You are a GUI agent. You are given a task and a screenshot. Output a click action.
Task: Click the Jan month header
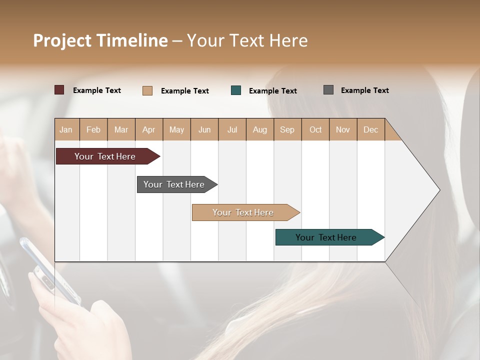pos(66,129)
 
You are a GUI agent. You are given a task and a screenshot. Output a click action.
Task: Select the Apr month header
pos(148,129)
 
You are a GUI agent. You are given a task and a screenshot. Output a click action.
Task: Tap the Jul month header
pos(232,129)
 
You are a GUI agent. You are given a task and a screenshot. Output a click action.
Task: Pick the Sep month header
pos(287,129)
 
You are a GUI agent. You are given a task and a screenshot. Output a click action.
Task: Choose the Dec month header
pos(370,129)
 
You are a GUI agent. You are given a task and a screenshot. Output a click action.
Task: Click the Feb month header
pos(93,129)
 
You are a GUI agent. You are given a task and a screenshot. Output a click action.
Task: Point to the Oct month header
pos(315,129)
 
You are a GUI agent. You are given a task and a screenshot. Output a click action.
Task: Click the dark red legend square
pos(59,90)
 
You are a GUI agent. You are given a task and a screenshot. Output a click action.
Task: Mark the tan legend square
pos(147,90)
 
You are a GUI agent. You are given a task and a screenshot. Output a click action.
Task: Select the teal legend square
pos(236,90)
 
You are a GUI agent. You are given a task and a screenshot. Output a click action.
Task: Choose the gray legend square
pos(328,90)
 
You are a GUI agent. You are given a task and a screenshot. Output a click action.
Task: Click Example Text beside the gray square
pos(364,90)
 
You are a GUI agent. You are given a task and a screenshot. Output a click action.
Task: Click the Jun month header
pos(204,129)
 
